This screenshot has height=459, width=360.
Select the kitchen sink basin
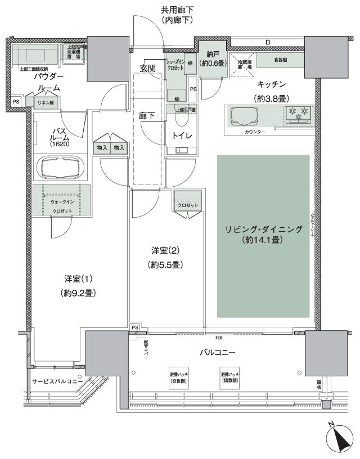(243, 117)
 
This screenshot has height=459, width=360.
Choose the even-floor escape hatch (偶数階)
(231, 377)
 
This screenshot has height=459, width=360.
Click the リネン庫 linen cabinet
(46, 102)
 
